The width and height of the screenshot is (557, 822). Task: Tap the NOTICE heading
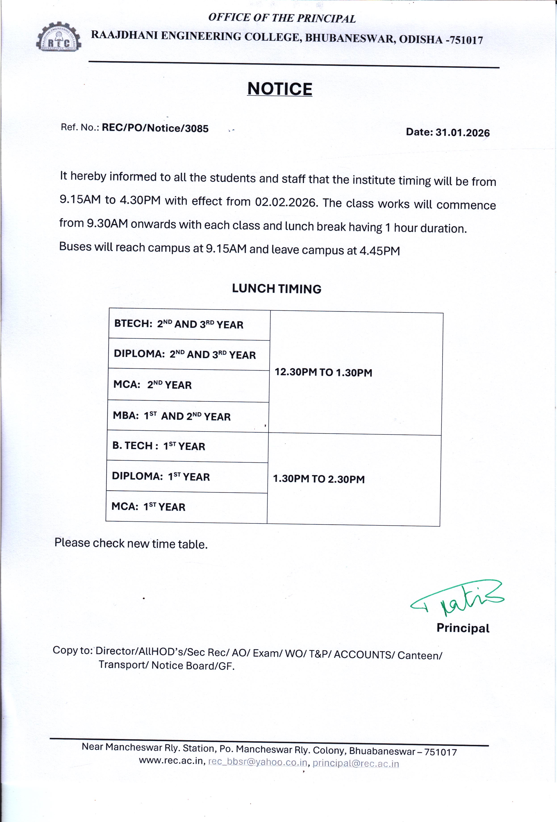click(x=280, y=89)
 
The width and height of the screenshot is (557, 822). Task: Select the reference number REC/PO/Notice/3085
click(x=155, y=128)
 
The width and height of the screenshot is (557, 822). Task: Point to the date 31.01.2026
click(x=462, y=133)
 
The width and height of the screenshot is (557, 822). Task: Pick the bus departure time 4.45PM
click(x=380, y=251)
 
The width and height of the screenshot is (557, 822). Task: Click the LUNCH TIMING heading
click(x=277, y=289)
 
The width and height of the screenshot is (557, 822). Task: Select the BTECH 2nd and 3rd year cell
click(x=179, y=324)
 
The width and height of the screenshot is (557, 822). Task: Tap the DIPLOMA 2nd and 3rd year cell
click(x=184, y=354)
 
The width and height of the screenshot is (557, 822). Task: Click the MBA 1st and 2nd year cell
click(x=172, y=416)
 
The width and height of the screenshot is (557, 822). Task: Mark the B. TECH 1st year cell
click(x=159, y=446)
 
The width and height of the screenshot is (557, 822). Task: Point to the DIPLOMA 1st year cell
click(x=161, y=476)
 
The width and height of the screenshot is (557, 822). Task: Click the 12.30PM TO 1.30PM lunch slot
click(x=323, y=372)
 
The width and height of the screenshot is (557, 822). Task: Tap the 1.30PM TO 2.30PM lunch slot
click(x=319, y=479)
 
